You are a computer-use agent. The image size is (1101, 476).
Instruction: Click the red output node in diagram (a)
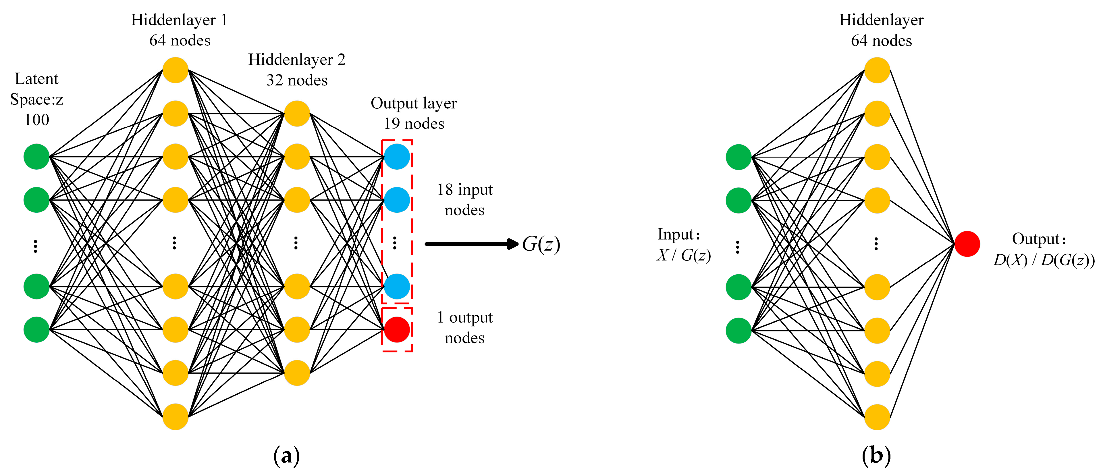click(397, 330)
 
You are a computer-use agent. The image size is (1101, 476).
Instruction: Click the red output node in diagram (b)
click(967, 244)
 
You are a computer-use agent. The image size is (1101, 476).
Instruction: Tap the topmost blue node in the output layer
click(397, 157)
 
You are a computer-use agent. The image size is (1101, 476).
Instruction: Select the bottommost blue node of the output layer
click(397, 286)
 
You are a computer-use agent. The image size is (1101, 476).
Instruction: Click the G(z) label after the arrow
click(541, 244)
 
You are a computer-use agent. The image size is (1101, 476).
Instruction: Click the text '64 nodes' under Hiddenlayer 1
click(180, 41)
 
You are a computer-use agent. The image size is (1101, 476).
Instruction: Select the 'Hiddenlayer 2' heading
click(297, 60)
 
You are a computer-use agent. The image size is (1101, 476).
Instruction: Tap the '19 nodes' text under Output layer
click(414, 124)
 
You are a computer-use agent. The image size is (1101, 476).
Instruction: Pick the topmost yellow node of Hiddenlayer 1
click(175, 70)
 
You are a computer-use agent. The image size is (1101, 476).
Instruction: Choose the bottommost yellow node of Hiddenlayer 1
click(175, 416)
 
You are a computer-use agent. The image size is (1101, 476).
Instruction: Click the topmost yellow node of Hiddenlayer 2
click(297, 113)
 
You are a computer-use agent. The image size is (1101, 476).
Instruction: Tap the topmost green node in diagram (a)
click(36, 157)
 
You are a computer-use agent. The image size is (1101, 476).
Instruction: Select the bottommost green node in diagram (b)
click(738, 331)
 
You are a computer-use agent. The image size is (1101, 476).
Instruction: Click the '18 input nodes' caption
click(464, 200)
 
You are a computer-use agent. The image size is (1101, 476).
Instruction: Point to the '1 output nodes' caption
click(464, 328)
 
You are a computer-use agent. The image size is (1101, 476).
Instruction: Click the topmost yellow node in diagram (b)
click(877, 70)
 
